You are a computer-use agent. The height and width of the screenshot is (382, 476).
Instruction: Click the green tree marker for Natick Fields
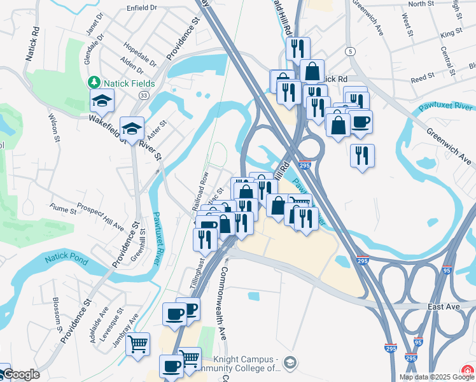[x=94, y=82]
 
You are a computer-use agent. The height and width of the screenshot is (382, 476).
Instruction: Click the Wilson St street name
[x=53, y=127]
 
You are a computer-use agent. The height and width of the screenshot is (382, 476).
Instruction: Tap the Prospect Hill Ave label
[x=100, y=216]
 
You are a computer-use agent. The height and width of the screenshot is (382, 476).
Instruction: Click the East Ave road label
[x=444, y=307]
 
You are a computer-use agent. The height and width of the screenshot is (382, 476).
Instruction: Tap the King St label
[x=450, y=32]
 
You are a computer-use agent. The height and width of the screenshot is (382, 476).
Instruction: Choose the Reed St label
[x=422, y=76]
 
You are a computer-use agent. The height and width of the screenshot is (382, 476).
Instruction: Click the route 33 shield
[x=144, y=95]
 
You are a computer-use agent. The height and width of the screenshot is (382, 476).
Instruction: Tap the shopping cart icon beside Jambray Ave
[x=137, y=344]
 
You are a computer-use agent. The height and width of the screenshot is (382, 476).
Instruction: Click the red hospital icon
[x=468, y=370]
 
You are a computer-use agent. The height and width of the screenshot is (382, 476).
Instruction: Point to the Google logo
[x=20, y=375]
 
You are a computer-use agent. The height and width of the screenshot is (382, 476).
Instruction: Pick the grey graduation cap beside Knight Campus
[x=290, y=362]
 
